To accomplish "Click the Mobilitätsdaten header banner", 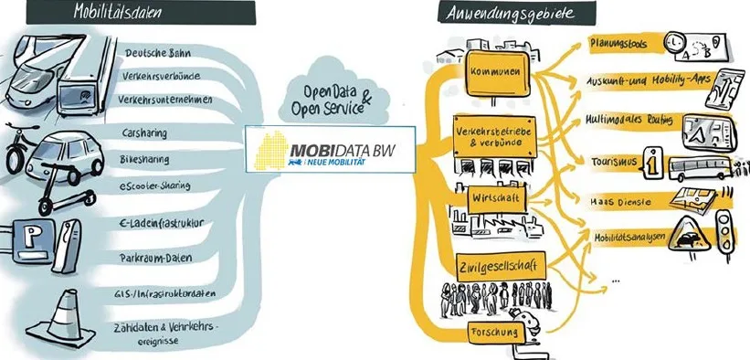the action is pyautogui.click(x=141, y=13).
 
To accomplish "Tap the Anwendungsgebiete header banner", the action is pyautogui.click(x=516, y=13).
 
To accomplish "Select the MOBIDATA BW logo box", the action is pyautogui.click(x=331, y=149).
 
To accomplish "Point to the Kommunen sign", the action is pyautogui.click(x=498, y=74).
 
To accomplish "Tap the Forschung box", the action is pyautogui.click(x=495, y=333).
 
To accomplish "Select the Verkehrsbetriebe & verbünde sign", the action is pyautogui.click(x=495, y=136).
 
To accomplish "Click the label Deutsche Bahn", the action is pyautogui.click(x=158, y=53).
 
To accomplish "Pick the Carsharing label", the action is pyautogui.click(x=144, y=132).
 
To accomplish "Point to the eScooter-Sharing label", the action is pyautogui.click(x=154, y=185).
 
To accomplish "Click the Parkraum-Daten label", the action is pyautogui.click(x=155, y=258).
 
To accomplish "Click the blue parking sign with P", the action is pyautogui.click(x=33, y=242).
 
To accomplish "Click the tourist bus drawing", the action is pyautogui.click(x=699, y=168).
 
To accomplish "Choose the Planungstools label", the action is pyautogui.click(x=618, y=44).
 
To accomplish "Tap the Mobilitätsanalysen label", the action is pyautogui.click(x=629, y=238).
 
